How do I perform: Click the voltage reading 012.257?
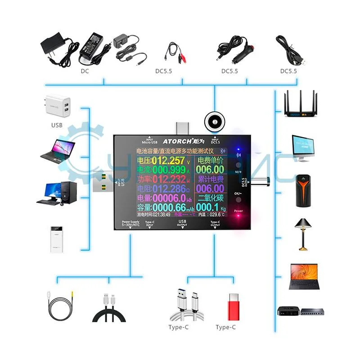168,161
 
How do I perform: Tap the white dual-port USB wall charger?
58,106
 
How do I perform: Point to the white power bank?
57,239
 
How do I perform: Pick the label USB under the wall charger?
57,125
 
